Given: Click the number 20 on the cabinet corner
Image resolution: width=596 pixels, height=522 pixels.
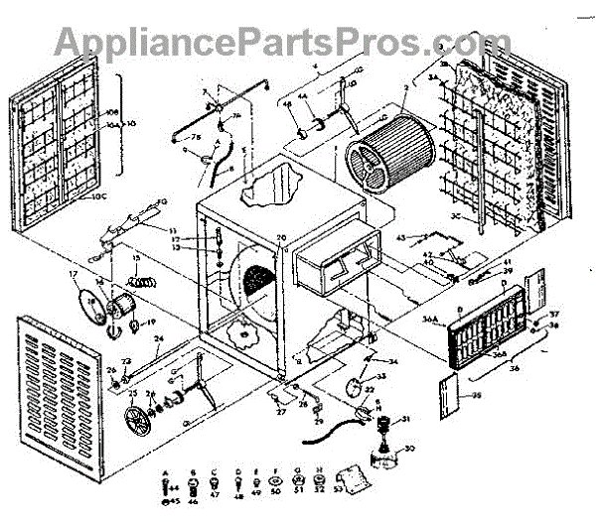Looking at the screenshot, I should (281, 238).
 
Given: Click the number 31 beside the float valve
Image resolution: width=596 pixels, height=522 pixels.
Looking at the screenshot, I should (405, 420).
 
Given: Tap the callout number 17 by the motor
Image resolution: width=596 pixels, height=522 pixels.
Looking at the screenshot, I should (73, 273).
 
